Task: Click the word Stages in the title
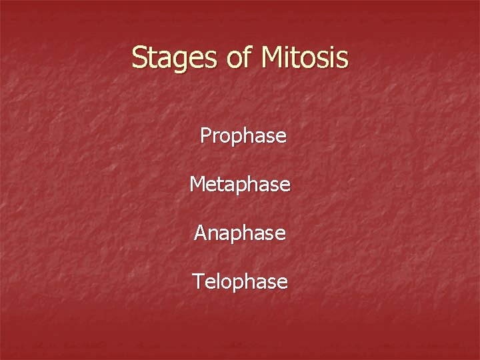175,58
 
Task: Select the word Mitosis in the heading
305,58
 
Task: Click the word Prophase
243,137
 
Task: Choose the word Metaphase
240,185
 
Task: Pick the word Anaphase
240,233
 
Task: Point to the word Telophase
240,282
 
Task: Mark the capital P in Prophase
206,136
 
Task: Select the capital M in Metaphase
197,184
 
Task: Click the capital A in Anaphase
201,233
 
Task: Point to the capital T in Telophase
198,281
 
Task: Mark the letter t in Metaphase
221,185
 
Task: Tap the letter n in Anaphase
215,235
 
